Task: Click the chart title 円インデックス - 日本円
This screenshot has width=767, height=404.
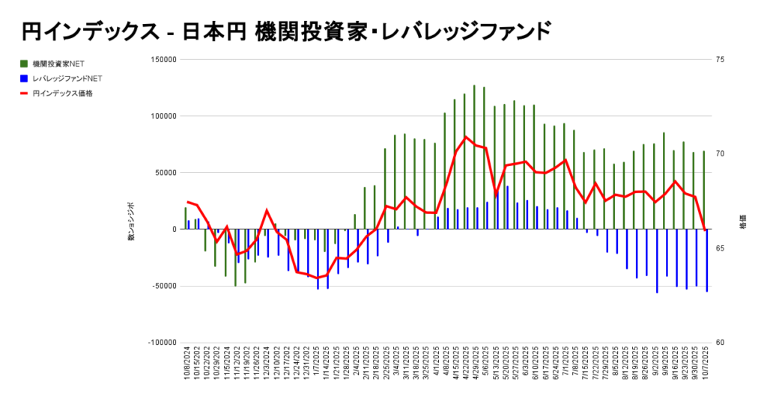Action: (285, 31)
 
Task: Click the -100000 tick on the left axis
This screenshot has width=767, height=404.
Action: (160, 343)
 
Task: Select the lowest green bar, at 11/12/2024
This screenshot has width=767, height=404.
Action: (235, 258)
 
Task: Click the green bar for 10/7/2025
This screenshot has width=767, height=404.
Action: (704, 190)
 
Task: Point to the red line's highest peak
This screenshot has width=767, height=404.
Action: (466, 137)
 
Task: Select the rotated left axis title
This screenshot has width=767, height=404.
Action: (130, 221)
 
